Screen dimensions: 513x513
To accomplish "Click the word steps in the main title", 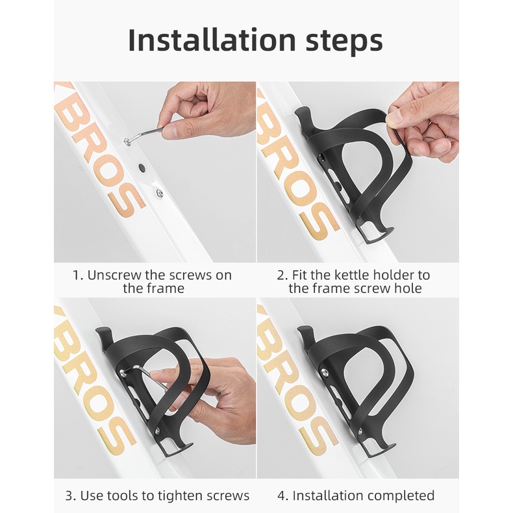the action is [344, 42].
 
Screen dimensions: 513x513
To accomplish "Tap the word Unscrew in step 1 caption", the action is [114, 275].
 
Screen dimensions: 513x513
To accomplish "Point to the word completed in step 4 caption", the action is [402, 496].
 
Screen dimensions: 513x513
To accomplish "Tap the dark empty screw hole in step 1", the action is [142, 168].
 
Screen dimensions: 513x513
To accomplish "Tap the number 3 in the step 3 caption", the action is [69, 496].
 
